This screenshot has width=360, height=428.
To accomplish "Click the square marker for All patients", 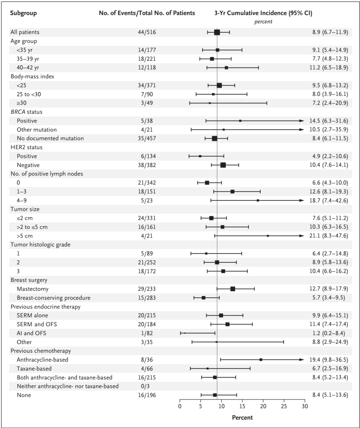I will point(217,32).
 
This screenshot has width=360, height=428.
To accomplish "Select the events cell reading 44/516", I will point(147,32).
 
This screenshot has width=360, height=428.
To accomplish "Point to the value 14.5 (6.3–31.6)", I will point(328,121).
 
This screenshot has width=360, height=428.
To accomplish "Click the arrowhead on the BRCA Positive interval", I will point(302,121).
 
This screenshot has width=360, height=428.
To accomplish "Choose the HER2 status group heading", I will point(26,147).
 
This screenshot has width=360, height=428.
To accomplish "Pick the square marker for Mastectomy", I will point(233,289).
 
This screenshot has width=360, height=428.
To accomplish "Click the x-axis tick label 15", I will point(242,406).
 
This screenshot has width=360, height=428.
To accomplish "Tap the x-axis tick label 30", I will point(305,406).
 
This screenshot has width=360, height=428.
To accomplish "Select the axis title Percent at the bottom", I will point(242,417).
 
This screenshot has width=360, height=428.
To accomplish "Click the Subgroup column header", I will point(23,13).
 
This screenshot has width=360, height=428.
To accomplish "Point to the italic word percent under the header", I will point(263,22).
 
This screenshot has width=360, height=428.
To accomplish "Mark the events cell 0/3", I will point(147,386).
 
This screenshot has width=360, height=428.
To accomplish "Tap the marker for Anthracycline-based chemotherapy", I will point(261,360).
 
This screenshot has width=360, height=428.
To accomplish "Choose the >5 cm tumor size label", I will point(25,236).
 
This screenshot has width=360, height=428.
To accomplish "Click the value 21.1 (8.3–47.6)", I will point(328,236).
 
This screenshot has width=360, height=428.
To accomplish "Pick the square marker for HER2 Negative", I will point(223,165).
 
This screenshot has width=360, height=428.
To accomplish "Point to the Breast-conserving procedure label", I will point(53,298).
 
